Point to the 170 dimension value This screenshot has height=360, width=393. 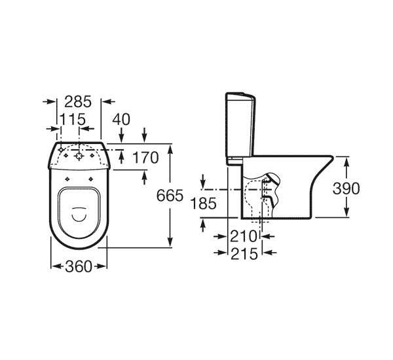145,158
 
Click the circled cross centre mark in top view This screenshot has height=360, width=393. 79,156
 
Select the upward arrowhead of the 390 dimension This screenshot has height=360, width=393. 346,160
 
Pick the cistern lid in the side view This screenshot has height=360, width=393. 238,95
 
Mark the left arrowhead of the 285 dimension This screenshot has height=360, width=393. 47,101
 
